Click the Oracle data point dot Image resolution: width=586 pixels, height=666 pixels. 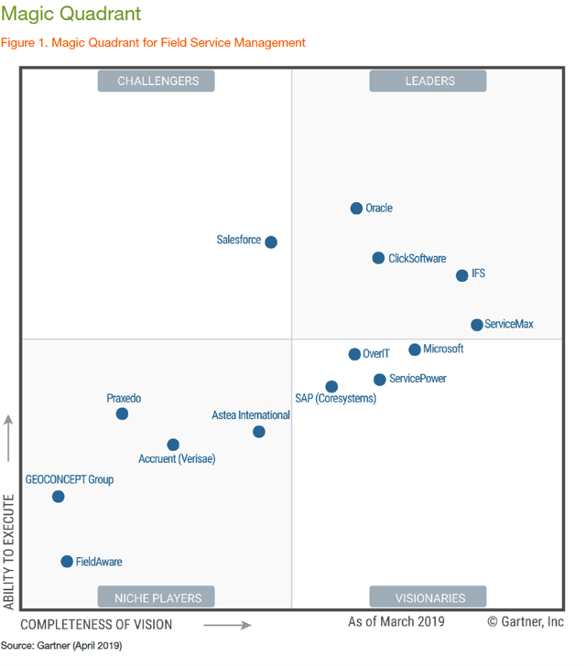pyautogui.click(x=356, y=209)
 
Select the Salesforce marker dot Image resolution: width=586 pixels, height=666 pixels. pyautogui.click(x=271, y=242)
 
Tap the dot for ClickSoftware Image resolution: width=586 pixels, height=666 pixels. pyautogui.click(x=378, y=258)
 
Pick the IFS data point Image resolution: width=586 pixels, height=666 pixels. pyautogui.click(x=462, y=275)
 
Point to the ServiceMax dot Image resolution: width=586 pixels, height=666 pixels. pyautogui.click(x=477, y=325)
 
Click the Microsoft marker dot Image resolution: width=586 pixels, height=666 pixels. pyautogui.click(x=415, y=349)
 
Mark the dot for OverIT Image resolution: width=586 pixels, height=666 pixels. pyautogui.click(x=354, y=354)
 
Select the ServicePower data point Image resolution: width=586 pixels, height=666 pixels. pyautogui.click(x=380, y=380)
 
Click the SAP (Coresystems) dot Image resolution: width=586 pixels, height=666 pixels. pyautogui.click(x=331, y=387)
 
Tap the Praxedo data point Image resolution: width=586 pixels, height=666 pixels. pyautogui.click(x=122, y=414)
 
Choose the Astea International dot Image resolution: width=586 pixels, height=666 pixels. pyautogui.click(x=259, y=432)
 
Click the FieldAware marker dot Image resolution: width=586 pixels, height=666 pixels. pyautogui.click(x=67, y=562)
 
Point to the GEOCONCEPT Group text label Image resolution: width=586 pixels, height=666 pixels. pyautogui.click(x=70, y=479)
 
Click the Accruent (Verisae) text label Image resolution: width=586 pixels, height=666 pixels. pyautogui.click(x=177, y=458)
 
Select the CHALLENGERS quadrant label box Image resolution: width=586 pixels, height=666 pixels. pyautogui.click(x=157, y=81)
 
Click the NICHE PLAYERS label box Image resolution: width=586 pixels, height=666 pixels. pyautogui.click(x=157, y=598)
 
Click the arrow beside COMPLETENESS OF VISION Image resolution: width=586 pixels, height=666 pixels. pyautogui.click(x=227, y=625)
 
